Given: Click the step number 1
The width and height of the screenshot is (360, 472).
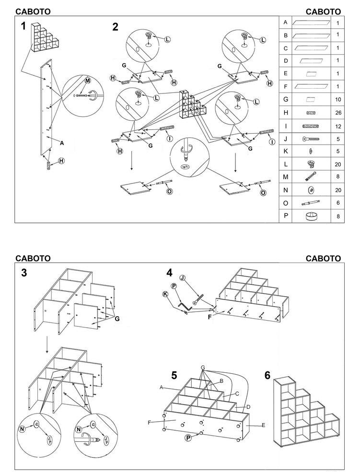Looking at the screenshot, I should click(x=23, y=27).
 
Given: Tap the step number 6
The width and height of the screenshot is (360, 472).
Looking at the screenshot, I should click(x=267, y=375).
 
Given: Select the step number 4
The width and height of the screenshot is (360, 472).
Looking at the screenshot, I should click(x=169, y=273).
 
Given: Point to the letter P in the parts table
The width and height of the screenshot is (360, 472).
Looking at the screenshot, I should click(x=286, y=216).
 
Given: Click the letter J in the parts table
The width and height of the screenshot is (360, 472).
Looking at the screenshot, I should click(x=286, y=139).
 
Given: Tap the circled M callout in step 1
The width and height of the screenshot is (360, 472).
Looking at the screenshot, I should click(x=87, y=81).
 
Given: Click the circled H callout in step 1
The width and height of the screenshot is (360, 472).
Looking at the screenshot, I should click(x=61, y=161).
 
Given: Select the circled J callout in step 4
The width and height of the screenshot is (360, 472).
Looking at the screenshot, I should click(x=182, y=278).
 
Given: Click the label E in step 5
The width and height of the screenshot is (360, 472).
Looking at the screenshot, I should click(x=263, y=425).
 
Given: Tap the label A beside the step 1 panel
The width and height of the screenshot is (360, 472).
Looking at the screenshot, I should click(x=62, y=142).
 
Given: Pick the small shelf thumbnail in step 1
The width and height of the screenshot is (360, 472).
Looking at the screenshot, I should click(x=44, y=38).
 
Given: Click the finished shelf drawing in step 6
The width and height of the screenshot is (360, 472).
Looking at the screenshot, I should click(x=306, y=413).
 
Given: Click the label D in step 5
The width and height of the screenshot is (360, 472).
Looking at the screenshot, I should click(x=248, y=407).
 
